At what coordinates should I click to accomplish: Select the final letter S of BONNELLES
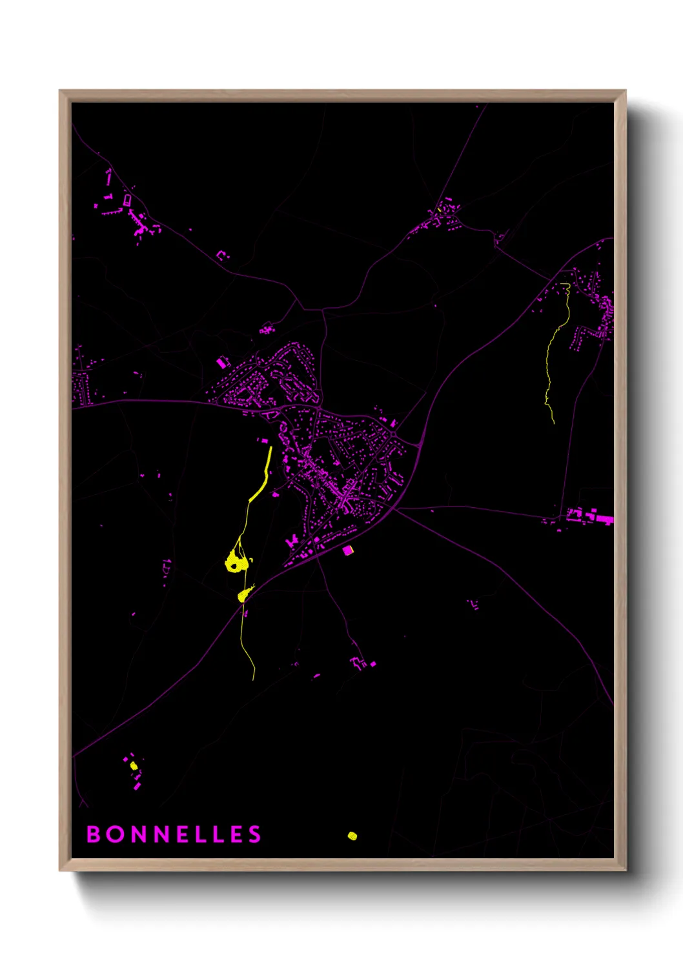[x=254, y=834]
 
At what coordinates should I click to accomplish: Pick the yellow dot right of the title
[x=352, y=836]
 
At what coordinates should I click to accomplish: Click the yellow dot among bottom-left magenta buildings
[x=134, y=766]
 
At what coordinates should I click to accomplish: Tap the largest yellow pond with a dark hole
[x=236, y=563]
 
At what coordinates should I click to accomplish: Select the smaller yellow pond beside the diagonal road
[x=243, y=596]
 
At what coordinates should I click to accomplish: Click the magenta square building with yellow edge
[x=348, y=550]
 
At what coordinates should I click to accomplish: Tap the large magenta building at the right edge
[x=604, y=518]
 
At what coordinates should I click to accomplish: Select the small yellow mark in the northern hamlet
[x=439, y=210]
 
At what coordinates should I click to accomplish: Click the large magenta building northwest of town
[x=221, y=363]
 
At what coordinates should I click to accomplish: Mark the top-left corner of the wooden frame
[x=59, y=91]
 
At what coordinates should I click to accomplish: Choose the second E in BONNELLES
[x=235, y=834]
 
